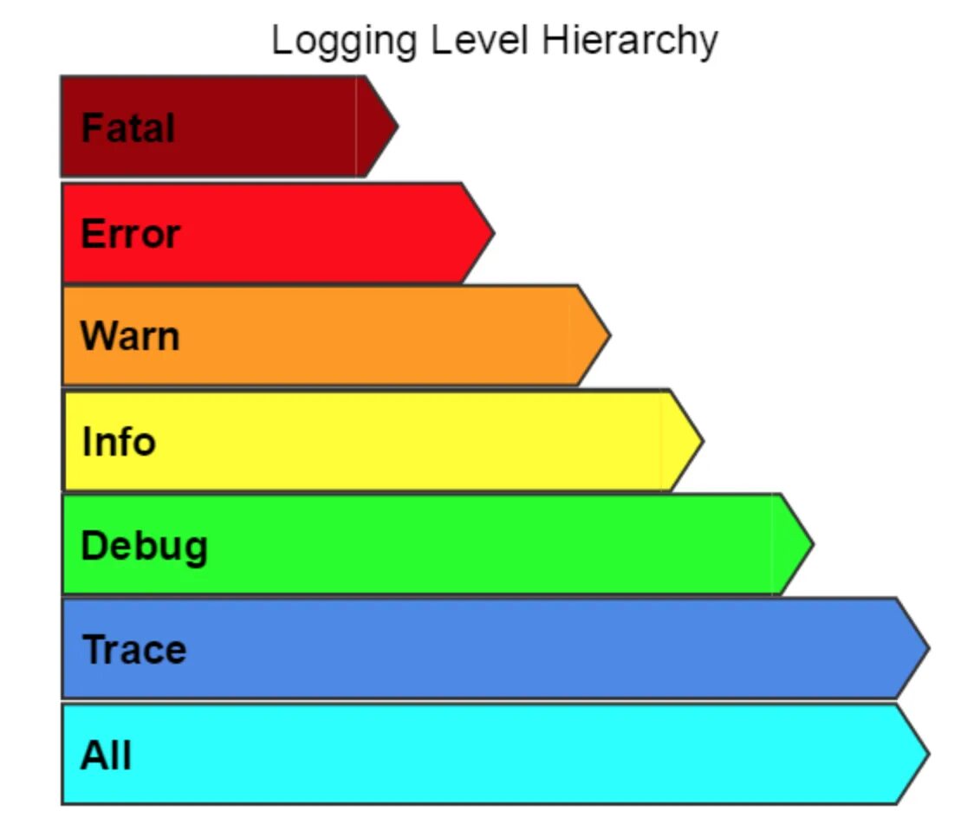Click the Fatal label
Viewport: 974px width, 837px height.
[x=127, y=128]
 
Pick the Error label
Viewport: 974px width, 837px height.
[x=130, y=234]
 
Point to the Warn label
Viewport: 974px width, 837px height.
[x=130, y=336]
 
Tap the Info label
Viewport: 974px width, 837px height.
[x=119, y=441]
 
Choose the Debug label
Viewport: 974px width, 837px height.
[x=144, y=547]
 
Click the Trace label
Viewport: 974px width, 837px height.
[x=134, y=650]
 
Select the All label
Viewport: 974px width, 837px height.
[x=106, y=755]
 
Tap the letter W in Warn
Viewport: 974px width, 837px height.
[x=95, y=336]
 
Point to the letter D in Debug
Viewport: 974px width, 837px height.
[x=92, y=546]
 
